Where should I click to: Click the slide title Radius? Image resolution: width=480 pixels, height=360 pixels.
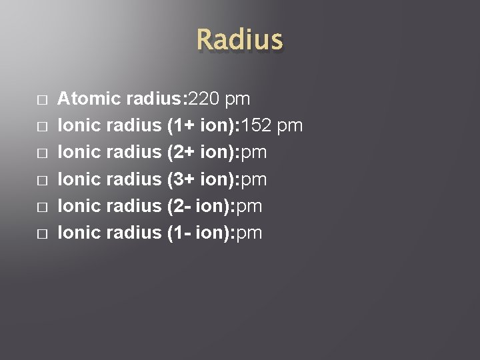tap(239, 40)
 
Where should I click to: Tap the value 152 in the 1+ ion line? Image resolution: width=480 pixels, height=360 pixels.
tap(257, 126)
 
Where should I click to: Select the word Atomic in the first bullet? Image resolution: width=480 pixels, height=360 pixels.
tap(89, 99)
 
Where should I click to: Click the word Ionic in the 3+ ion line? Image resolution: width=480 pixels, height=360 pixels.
tap(79, 179)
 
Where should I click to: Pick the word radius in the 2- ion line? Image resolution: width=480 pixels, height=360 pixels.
tap(134, 206)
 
